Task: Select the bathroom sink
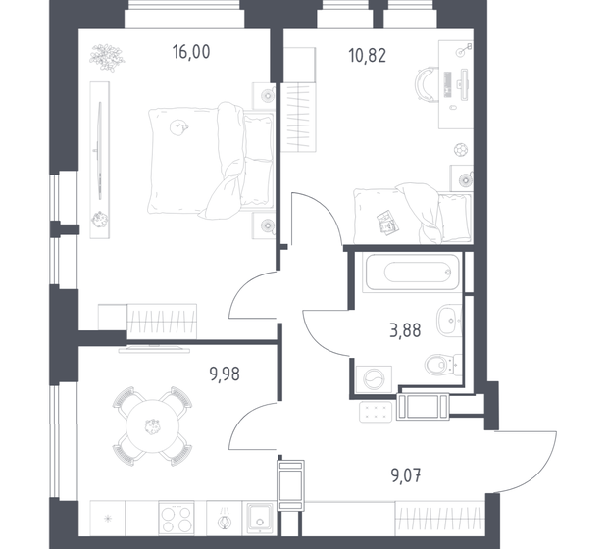point(449,319)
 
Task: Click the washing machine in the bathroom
point(375,378)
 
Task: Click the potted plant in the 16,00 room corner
point(101,59)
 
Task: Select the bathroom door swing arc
point(324,333)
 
